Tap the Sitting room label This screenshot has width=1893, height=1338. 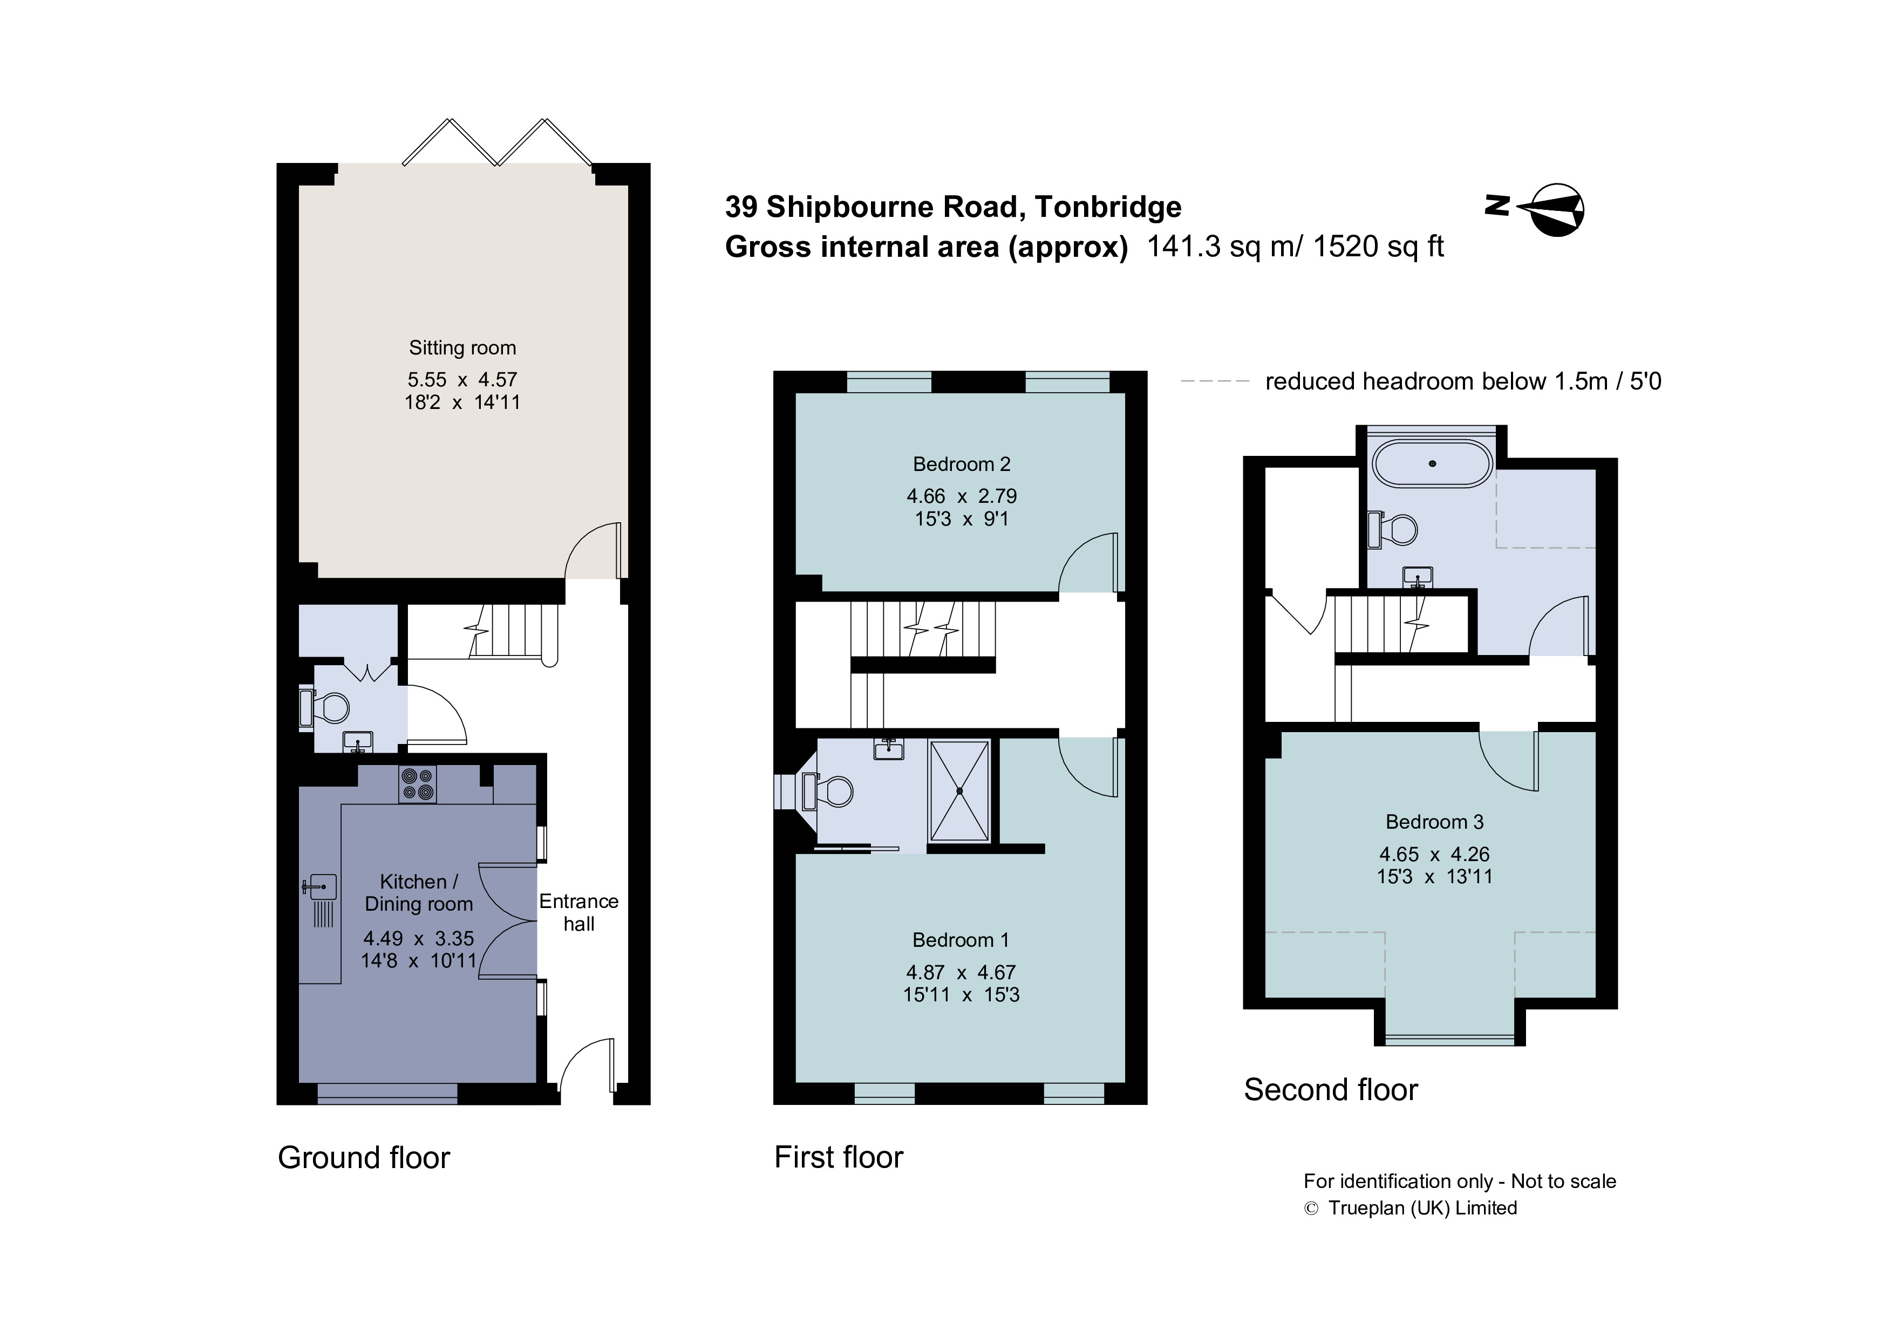click(x=462, y=348)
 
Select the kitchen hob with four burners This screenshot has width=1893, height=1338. click(x=417, y=784)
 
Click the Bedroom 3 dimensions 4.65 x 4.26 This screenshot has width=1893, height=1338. click(x=1435, y=854)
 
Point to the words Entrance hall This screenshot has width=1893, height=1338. click(x=579, y=913)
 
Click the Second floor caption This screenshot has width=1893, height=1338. click(x=1331, y=1090)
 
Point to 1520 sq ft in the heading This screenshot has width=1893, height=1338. click(x=1379, y=247)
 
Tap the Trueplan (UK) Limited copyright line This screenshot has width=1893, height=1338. click(x=1411, y=1208)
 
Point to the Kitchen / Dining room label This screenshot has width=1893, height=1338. click(x=419, y=893)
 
